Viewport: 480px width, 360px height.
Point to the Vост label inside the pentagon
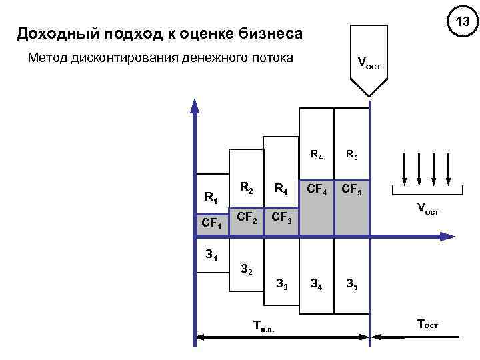coord(369,64)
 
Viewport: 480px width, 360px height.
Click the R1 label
coord(211,197)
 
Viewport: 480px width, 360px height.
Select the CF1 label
coord(212,223)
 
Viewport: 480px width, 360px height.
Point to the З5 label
coord(351,285)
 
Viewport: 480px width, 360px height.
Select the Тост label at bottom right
coord(427,325)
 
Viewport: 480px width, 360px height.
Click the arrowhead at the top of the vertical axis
coord(194,106)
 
